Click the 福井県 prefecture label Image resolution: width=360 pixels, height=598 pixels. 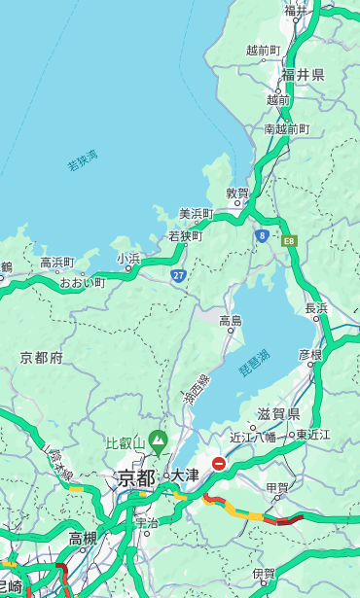click(304, 75)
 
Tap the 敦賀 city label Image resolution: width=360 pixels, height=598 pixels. click(237, 193)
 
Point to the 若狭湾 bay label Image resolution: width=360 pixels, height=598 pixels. click(83, 160)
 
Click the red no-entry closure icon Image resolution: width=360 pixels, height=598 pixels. click(219, 465)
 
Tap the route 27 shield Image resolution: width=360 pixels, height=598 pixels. click(178, 275)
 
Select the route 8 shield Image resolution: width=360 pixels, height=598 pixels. click(262, 235)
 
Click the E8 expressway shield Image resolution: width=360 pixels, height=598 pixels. click(289, 239)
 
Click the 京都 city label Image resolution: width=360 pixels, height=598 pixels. click(136, 477)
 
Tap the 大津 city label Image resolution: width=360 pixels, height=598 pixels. click(185, 475)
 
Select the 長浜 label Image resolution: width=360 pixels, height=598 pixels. click(316, 308)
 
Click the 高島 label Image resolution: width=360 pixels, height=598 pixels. click(231, 321)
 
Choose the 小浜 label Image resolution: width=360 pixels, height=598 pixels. click(128, 258)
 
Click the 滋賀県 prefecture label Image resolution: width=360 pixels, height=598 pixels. click(278, 414)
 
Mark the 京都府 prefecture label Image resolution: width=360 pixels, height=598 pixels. click(42, 358)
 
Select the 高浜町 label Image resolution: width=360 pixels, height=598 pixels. click(56, 263)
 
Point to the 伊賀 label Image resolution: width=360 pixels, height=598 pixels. click(263, 574)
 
